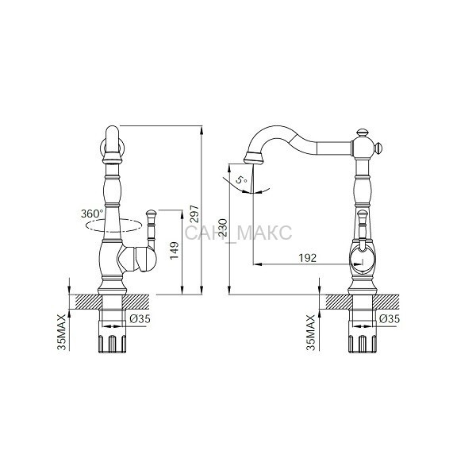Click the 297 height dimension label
point(195,214)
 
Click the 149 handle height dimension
point(175,251)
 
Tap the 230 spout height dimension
point(224,228)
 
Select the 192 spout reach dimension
point(308,258)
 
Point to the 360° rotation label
point(92,214)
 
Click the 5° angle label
point(242,180)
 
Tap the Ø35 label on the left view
point(140,318)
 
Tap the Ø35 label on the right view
point(390,318)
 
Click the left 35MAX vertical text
point(62,333)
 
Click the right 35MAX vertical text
point(311,333)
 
